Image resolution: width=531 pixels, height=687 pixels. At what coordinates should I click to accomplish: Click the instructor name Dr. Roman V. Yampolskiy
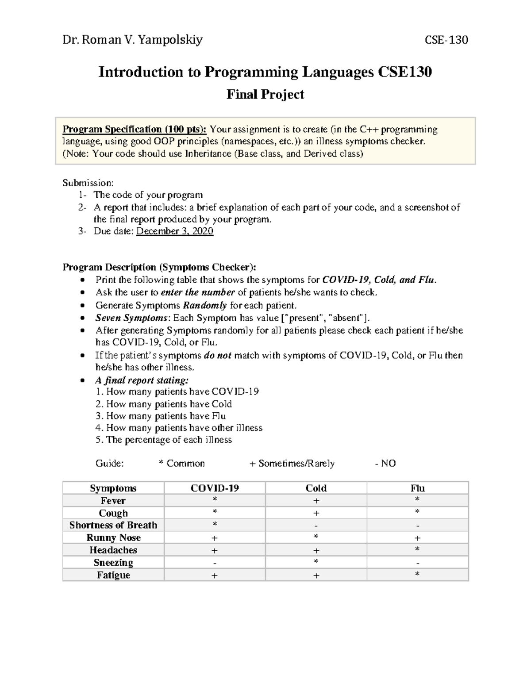point(132,40)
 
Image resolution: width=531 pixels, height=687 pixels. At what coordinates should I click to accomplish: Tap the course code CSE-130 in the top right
point(446,40)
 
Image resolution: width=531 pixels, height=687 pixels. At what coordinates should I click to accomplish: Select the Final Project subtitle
point(265,94)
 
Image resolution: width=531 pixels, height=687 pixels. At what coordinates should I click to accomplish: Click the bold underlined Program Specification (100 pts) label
point(134,129)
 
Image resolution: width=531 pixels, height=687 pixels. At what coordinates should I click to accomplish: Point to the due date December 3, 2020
point(175,231)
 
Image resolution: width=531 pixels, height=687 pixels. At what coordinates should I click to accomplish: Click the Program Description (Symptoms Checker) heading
point(159,267)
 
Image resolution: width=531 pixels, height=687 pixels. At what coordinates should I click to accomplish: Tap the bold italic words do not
point(217,355)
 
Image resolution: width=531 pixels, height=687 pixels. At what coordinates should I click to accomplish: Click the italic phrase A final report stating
point(142,380)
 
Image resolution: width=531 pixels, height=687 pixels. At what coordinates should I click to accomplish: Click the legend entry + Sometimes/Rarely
point(292,463)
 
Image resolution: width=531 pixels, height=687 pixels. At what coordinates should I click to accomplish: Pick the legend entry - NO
point(385,463)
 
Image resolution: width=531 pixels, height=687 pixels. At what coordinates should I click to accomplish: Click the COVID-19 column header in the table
point(215,488)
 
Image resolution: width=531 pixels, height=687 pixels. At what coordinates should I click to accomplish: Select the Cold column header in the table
point(316,488)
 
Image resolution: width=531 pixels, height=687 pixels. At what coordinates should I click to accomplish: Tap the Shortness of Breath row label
point(113,525)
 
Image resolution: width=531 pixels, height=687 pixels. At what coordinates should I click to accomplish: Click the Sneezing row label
point(113,562)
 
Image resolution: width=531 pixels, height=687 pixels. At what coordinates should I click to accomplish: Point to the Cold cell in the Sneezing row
point(316,562)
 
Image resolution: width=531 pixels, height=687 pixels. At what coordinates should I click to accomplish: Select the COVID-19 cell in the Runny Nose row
point(215,538)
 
